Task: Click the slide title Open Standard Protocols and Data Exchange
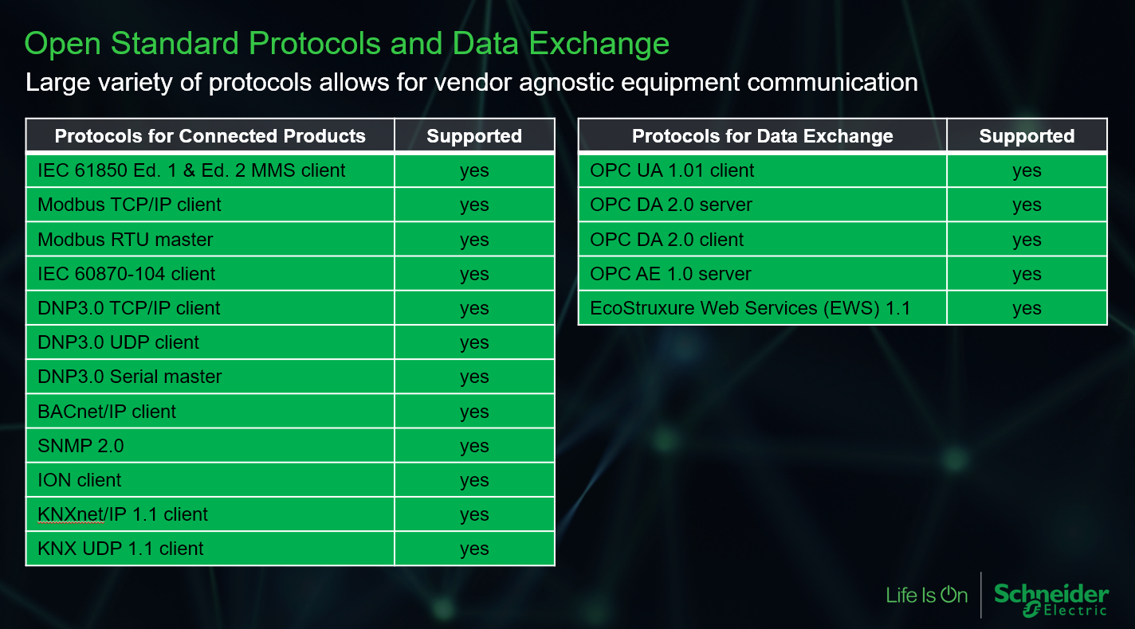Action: [x=347, y=44]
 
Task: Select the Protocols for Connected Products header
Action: [x=210, y=135]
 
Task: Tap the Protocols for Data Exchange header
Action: [x=762, y=135]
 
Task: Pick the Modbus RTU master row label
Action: [x=125, y=240]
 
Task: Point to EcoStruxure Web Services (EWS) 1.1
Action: [x=750, y=308]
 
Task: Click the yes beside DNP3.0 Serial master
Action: [x=474, y=377]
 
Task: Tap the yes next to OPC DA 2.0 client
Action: [x=1027, y=240]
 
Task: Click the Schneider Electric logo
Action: [x=1051, y=600]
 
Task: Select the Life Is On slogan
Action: [x=927, y=595]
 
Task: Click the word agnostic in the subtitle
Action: [x=567, y=83]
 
